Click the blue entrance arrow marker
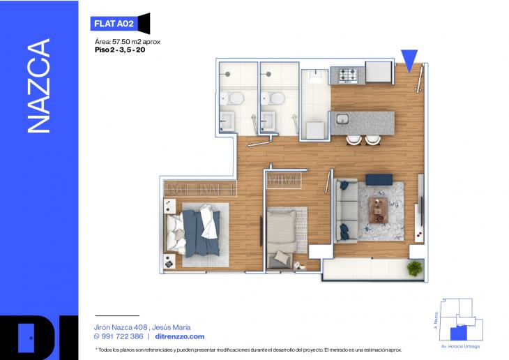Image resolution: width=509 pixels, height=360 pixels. (x=409, y=61)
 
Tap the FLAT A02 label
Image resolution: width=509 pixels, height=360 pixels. (x=113, y=23)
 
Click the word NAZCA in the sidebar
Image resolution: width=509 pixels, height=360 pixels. (x=39, y=87)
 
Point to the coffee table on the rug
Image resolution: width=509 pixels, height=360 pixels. (x=380, y=207)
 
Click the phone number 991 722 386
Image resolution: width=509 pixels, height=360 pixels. (x=123, y=336)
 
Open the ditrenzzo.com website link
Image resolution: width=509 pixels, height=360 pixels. (x=180, y=336)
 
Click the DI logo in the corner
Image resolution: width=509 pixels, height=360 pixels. (x=39, y=338)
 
